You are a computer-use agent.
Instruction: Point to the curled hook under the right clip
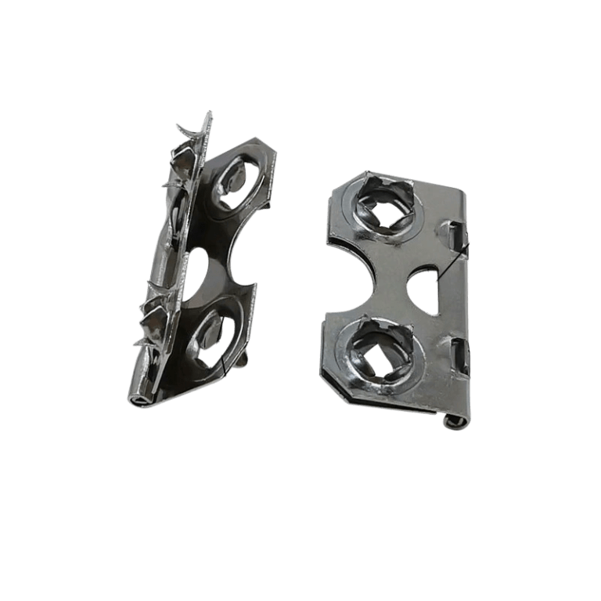453,422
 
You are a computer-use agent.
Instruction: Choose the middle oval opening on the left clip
203,270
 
